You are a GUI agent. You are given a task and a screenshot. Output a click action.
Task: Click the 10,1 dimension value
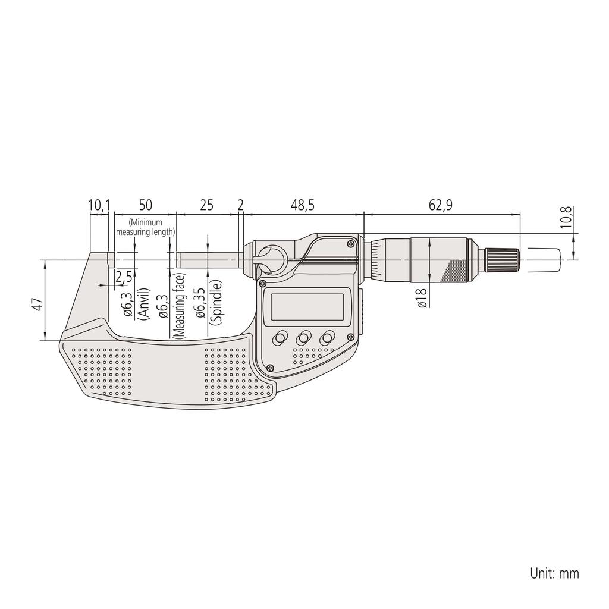click(x=99, y=205)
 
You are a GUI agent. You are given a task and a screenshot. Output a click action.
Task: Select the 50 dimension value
click(x=145, y=205)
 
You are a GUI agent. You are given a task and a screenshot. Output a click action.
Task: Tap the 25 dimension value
click(x=206, y=205)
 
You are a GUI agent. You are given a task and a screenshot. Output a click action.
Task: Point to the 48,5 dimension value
click(x=302, y=205)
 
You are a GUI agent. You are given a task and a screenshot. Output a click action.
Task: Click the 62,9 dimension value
click(x=441, y=205)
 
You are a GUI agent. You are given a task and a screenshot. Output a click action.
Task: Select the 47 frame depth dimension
click(x=37, y=304)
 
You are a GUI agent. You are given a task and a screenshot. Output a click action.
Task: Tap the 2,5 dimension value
click(x=124, y=277)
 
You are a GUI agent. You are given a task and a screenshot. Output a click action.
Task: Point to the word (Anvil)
click(x=143, y=306)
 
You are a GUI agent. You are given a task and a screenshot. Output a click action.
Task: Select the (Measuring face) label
click(x=180, y=306)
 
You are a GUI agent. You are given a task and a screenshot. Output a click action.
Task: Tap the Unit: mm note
click(x=554, y=573)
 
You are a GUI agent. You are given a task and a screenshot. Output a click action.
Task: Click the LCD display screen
click(x=307, y=306)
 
